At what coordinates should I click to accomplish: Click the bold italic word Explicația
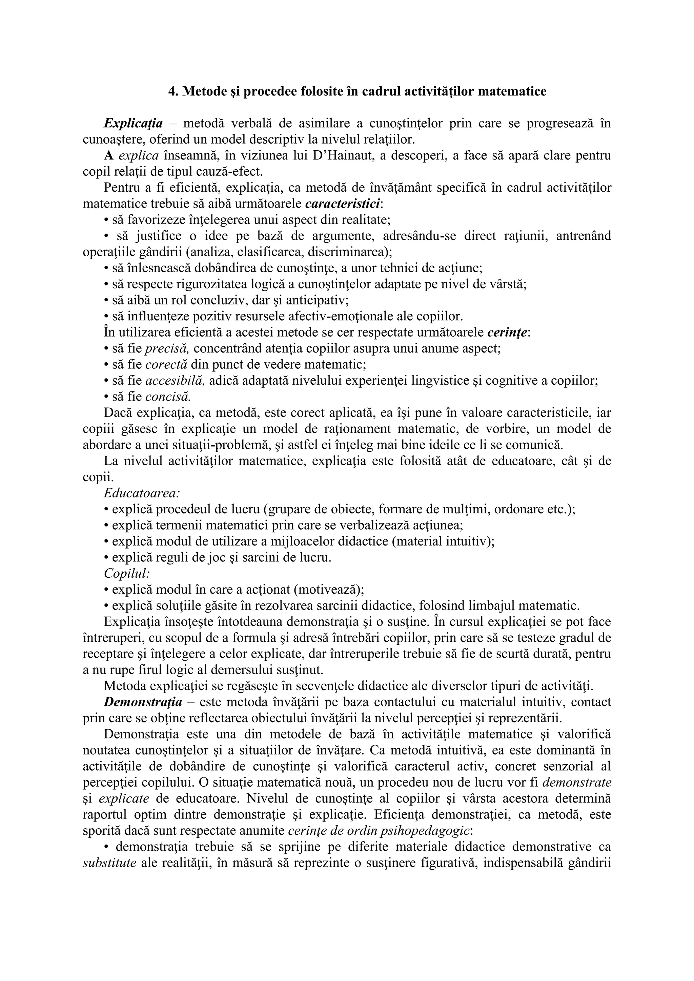pos(133,124)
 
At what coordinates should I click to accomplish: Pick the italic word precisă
pos(167,349)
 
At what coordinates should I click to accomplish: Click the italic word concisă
pos(168,397)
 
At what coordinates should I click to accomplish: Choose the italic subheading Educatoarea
pos(142,493)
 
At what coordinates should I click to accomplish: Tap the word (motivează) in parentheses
pos(328,590)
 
